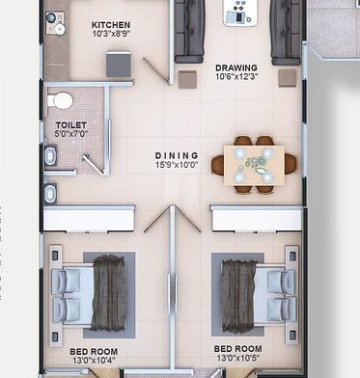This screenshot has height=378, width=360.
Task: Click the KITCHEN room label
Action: [111, 24]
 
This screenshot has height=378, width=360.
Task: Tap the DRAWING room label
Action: [235, 68]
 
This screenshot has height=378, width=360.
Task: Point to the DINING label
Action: [177, 155]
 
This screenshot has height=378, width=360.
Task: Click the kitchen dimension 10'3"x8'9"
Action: [111, 35]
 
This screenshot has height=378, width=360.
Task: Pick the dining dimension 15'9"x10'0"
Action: [177, 165]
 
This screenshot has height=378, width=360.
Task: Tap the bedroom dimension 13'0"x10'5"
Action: [237, 359]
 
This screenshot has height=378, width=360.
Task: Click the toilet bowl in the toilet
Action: [63, 99]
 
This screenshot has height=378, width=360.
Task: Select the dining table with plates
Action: [255, 164]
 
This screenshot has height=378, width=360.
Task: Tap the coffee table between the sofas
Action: [237, 13]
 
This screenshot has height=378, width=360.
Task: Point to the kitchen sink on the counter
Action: [54, 19]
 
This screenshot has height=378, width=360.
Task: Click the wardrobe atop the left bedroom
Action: [89, 219]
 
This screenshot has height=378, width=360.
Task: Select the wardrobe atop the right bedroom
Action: [256, 219]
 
